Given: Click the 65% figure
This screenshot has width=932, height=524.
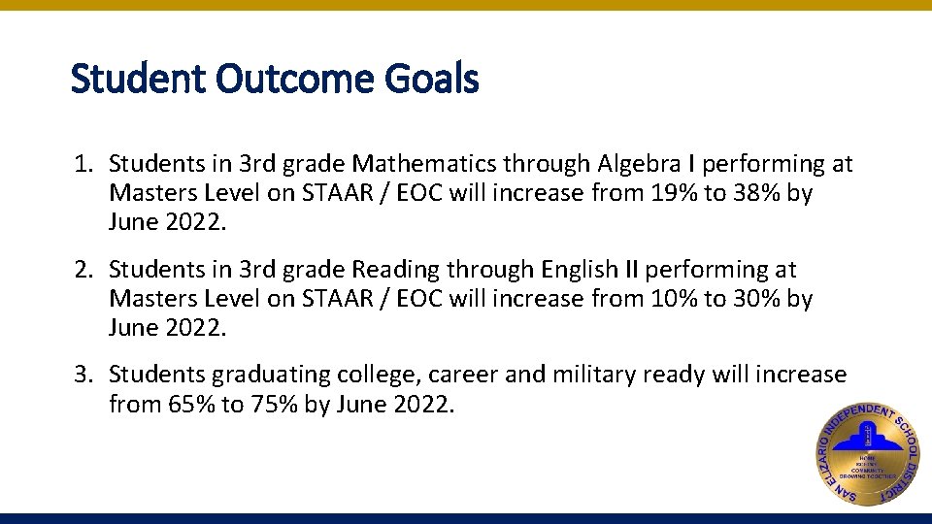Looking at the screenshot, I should click(189, 404).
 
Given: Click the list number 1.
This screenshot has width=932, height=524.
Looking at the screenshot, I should click(82, 165).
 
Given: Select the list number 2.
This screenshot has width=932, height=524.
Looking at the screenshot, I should click(82, 270).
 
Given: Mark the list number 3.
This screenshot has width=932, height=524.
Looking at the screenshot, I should click(82, 375).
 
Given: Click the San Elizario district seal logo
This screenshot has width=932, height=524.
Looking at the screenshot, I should click(867, 452).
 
